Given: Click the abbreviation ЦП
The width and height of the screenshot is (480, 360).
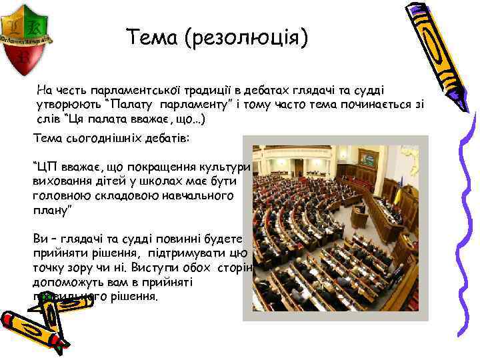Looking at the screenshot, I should (x=47, y=167).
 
